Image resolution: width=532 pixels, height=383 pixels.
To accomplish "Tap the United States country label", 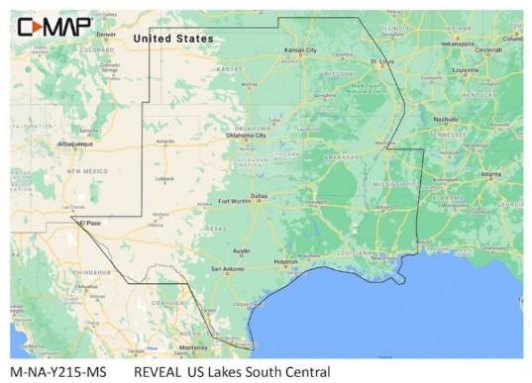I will [173, 39].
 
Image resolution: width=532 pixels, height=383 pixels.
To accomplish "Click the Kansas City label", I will [300, 49].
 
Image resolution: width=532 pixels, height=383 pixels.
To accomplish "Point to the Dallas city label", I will [259, 196].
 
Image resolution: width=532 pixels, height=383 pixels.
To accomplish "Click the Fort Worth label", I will [233, 202].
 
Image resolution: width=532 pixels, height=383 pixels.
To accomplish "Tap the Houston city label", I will [285, 261].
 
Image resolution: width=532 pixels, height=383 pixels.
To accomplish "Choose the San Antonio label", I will [227, 269].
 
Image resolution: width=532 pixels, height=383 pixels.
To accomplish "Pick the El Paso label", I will [89, 223].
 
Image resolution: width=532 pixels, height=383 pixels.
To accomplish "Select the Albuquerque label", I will [75, 144].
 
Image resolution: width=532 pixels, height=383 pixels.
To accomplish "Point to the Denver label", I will [106, 35].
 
